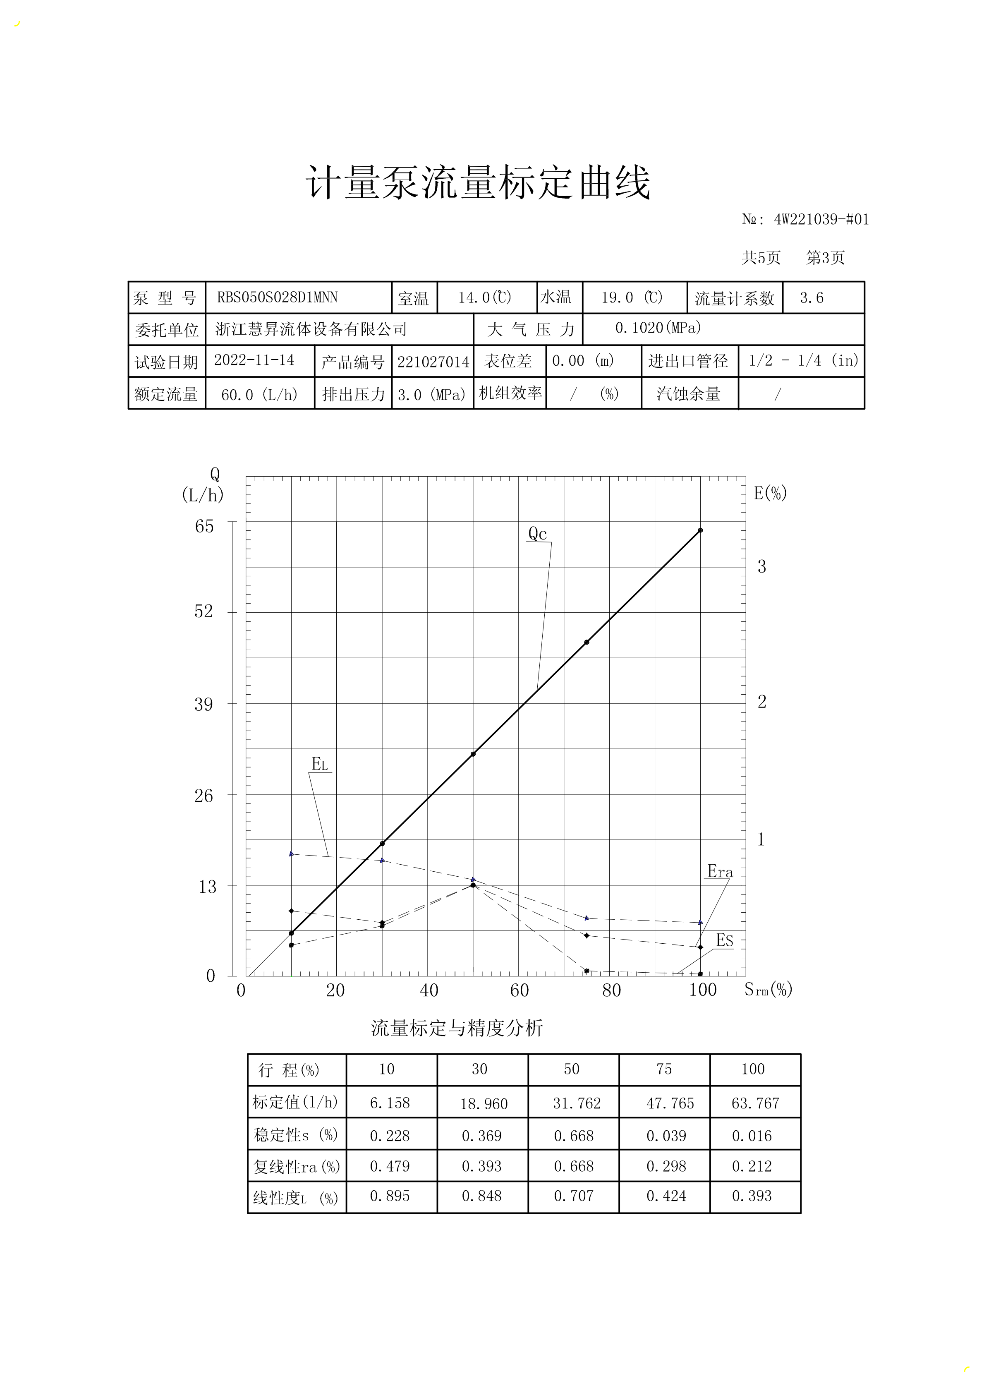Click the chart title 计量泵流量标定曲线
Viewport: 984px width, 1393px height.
478,182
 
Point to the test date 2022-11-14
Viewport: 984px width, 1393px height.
254,360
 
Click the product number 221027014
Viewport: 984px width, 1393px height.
433,362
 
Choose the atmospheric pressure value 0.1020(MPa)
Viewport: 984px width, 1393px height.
658,328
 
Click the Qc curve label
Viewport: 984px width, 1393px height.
538,534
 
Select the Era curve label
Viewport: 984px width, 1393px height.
720,872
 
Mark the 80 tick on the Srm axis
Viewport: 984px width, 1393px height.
611,990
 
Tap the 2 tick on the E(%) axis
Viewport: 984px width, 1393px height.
762,702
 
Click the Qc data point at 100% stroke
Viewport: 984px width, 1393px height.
700,530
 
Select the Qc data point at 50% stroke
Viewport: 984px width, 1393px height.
473,754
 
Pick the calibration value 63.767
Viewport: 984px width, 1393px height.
755,1103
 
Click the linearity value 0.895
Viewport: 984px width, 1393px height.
390,1196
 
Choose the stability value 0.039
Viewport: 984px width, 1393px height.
666,1136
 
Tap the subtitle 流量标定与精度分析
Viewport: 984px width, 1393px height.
457,1028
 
